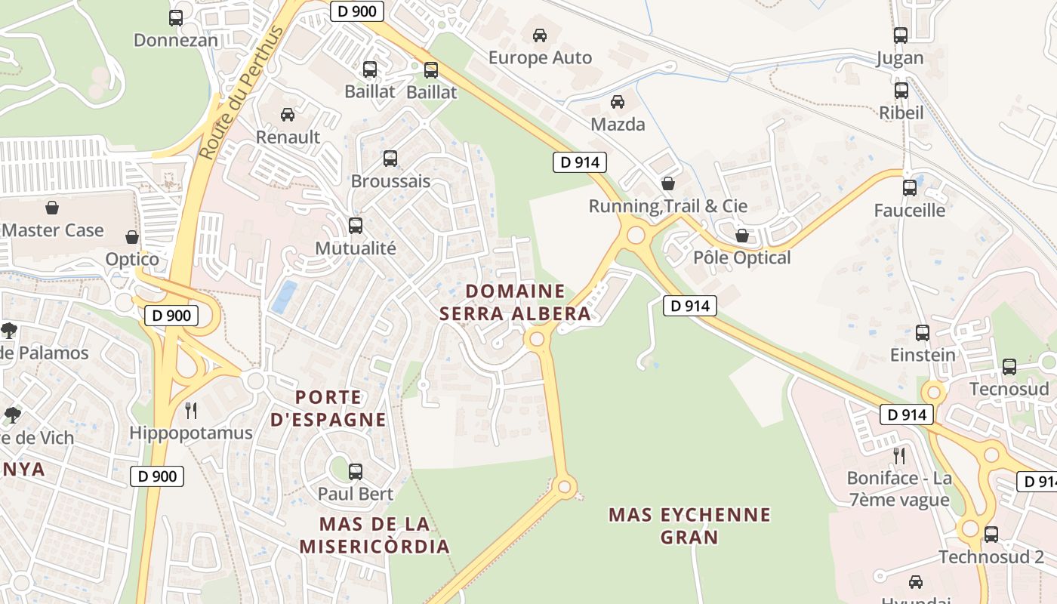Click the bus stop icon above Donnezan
coord(176,18)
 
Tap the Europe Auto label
coord(540,57)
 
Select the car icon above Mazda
coord(618,101)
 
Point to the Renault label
coord(288,137)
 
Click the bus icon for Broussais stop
coord(390,159)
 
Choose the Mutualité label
coord(355,248)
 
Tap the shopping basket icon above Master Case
coord(52,207)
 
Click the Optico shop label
coord(132,259)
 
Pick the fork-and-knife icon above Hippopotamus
coord(191,411)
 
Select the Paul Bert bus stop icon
coord(356,472)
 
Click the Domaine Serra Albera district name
coord(516,302)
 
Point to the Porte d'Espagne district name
coord(328,408)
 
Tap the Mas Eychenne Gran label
coord(689,525)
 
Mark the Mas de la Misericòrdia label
coord(374,535)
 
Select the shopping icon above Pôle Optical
coord(742,236)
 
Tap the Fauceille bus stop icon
coord(910,187)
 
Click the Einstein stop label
coord(923,354)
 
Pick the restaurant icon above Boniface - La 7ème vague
coord(898,455)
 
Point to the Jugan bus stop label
coord(900,58)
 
